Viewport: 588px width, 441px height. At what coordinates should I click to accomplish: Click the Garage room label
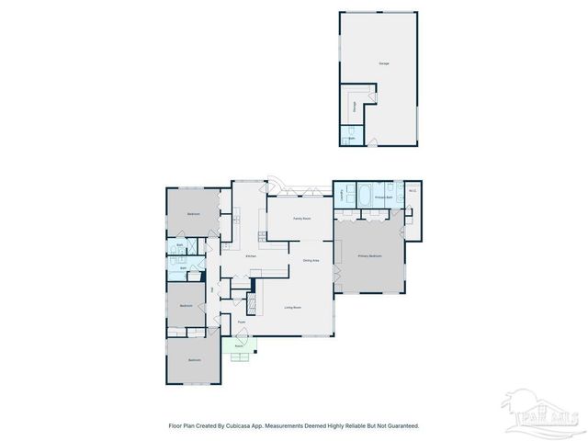(382, 63)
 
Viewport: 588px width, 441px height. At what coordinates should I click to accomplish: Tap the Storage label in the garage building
(355, 107)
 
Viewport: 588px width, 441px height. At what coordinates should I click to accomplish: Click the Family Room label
(301, 219)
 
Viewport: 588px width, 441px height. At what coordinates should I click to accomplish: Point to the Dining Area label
(311, 261)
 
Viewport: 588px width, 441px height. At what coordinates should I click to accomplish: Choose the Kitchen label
(250, 255)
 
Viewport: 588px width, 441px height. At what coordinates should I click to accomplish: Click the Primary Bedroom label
(369, 256)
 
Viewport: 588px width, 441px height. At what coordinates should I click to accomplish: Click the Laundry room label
(342, 195)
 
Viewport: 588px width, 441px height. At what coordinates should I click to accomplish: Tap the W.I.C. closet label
(413, 192)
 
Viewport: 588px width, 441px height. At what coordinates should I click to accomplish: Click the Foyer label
(242, 322)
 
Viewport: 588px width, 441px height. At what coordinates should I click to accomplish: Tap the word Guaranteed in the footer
(400, 426)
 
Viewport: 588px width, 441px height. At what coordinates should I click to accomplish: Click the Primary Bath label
(383, 198)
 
